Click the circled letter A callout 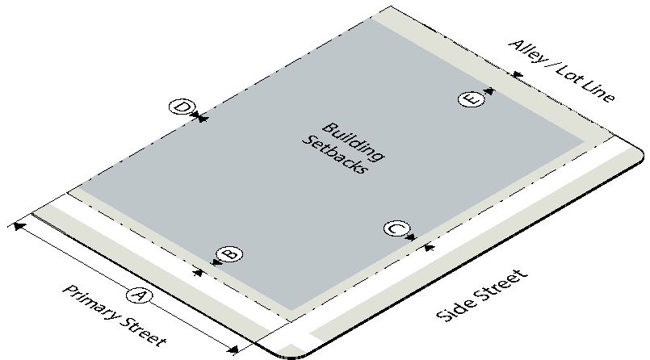pos(139,295)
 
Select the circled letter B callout pos(229,253)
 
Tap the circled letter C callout pos(396,228)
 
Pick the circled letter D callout pos(182,107)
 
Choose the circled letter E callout pos(472,99)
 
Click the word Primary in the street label pos(91,303)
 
